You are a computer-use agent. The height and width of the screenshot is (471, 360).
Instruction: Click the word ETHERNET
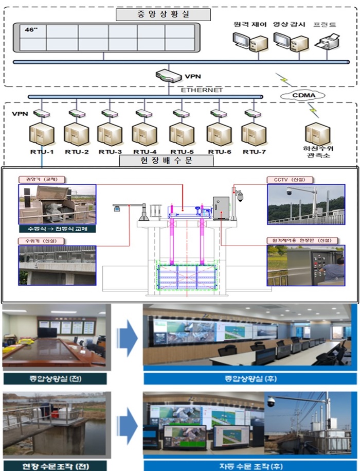pyautogui.click(x=201, y=90)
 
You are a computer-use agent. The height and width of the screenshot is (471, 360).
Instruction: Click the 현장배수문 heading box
pyautogui.click(x=166, y=161)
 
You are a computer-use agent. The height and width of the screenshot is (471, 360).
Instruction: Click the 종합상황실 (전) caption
pyautogui.click(x=55, y=379)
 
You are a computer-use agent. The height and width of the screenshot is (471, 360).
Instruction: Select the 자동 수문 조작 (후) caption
pyautogui.click(x=249, y=466)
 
